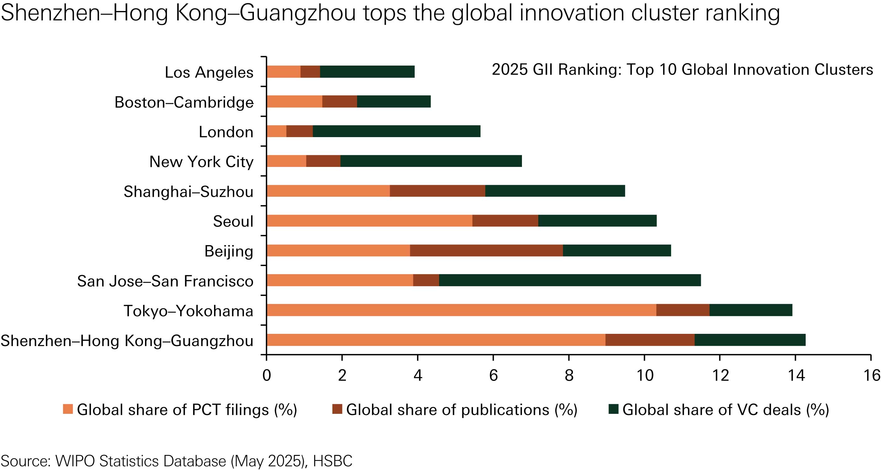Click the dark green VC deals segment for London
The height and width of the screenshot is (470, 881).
tap(396, 131)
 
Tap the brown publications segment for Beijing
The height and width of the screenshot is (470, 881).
tap(486, 251)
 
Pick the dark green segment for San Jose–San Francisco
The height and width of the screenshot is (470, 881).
tap(570, 280)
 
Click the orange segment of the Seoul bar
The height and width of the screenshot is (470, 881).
tap(369, 221)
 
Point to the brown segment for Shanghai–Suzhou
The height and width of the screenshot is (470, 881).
tap(438, 191)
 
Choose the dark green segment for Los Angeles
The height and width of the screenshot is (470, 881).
tap(367, 72)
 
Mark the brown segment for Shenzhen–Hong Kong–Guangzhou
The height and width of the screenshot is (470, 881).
tap(650, 340)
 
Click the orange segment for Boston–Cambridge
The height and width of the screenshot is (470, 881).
tap(294, 102)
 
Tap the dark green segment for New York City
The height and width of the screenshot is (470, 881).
tap(431, 161)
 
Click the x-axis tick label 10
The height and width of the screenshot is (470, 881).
tap(644, 376)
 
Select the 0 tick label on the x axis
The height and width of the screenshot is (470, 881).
tap(266, 376)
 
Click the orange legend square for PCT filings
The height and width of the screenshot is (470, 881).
tap(68, 409)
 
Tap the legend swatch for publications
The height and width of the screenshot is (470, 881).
tap(337, 409)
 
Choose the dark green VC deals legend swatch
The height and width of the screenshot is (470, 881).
tap(614, 409)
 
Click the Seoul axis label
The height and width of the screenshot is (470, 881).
tap(233, 222)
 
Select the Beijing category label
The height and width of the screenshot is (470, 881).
tap(229, 251)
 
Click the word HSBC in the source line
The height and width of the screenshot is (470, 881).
tap(332, 461)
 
